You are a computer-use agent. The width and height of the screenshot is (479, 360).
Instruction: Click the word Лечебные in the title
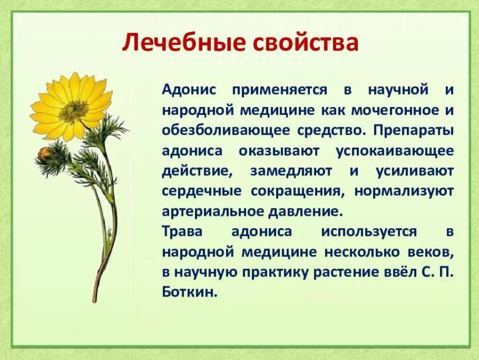pos(184,42)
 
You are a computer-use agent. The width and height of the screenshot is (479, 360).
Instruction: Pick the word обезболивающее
pos(226,130)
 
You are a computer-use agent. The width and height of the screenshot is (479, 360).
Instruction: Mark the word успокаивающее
pos(394,152)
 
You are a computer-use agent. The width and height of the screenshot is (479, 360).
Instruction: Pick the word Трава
pos(183,232)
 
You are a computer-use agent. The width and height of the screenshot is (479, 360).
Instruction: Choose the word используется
pos(369,232)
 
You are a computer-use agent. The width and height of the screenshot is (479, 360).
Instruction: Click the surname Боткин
pos(189,292)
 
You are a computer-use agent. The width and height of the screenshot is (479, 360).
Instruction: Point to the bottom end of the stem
pos(95,301)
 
